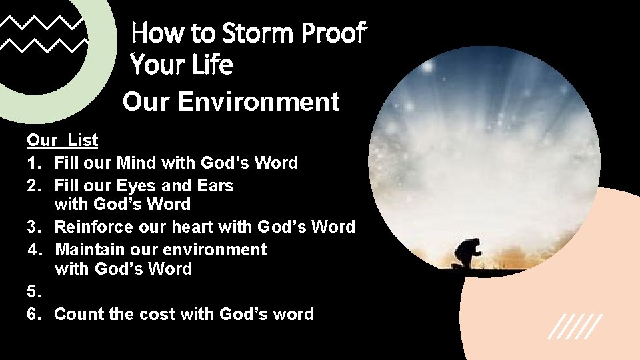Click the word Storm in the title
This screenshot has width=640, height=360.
(x=257, y=32)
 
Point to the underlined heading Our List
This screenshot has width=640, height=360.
(x=62, y=140)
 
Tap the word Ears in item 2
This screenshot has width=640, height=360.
(x=216, y=185)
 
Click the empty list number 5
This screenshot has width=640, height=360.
(x=33, y=291)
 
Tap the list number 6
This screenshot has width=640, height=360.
(x=33, y=314)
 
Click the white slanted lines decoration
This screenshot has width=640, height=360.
(x=575, y=326)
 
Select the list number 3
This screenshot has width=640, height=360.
(x=33, y=227)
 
